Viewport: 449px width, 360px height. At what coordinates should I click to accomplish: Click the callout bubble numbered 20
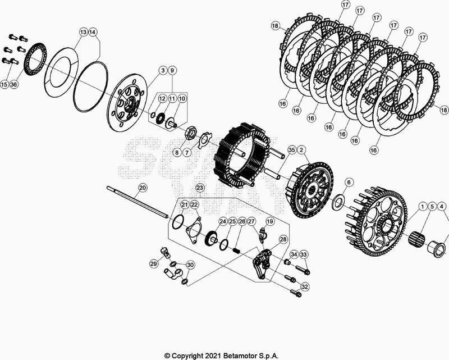click(x=143, y=188)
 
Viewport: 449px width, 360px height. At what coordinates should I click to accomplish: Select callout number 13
click(x=83, y=33)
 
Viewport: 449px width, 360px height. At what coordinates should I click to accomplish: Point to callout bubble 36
click(x=14, y=84)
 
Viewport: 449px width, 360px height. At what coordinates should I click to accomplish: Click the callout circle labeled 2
click(x=301, y=150)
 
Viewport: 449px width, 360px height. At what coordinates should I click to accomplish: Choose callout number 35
click(x=291, y=150)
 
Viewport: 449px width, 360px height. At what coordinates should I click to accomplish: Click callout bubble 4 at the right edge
click(x=443, y=206)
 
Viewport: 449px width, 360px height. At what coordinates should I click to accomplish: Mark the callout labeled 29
click(x=153, y=263)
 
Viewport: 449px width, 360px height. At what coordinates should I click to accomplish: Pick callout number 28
click(x=283, y=239)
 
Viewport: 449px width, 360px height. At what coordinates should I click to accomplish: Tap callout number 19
click(x=269, y=222)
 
